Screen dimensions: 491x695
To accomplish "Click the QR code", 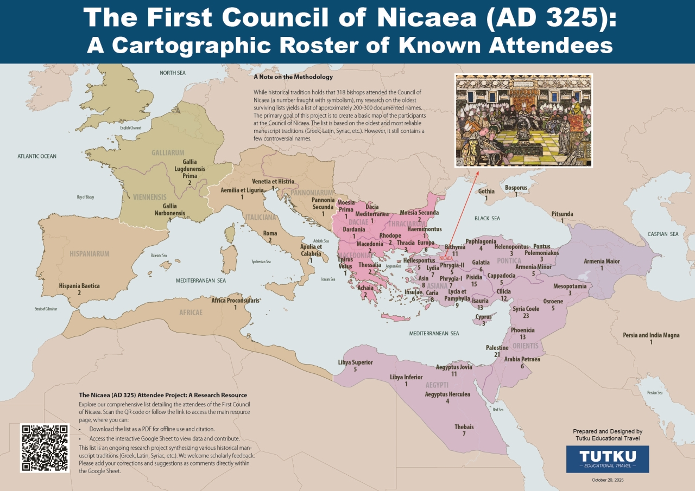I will (x=45, y=448).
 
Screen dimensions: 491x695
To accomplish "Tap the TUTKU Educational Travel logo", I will (x=607, y=459).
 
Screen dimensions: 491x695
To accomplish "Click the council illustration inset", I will (x=523, y=120).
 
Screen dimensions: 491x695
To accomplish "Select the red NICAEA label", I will (x=446, y=258).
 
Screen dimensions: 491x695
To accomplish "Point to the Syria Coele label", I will (x=526, y=309).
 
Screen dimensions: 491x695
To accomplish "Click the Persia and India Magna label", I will (x=651, y=335).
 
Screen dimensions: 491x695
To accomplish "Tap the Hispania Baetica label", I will (x=79, y=285).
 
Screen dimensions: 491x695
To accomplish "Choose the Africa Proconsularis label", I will (x=235, y=300).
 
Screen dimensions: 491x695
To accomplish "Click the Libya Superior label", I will (x=355, y=362).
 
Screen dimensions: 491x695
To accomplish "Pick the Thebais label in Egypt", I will (x=464, y=427).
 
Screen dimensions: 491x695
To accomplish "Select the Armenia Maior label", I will (x=602, y=262).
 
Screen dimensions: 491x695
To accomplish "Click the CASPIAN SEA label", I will (x=662, y=234).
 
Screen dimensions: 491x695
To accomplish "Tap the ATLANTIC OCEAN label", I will (x=37, y=156).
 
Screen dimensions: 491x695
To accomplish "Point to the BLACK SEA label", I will (x=487, y=218).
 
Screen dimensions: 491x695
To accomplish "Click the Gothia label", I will (x=486, y=192).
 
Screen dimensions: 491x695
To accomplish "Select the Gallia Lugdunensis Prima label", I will (x=189, y=169).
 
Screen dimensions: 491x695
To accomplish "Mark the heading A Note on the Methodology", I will (x=293, y=77).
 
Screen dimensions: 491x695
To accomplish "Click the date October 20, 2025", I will (x=607, y=480).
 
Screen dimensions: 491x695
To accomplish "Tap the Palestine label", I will (x=497, y=348).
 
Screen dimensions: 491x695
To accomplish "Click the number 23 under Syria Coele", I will (x=526, y=316).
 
